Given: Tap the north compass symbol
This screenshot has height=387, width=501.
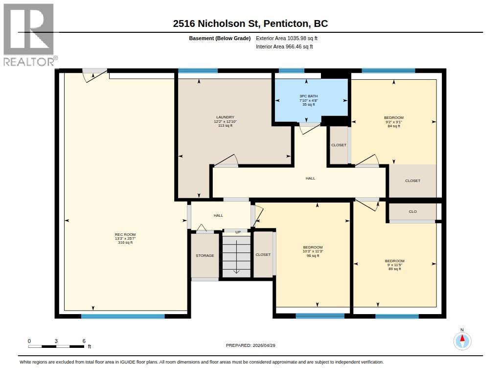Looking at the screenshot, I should (x=462, y=340).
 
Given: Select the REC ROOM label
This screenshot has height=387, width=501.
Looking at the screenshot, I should (x=125, y=238).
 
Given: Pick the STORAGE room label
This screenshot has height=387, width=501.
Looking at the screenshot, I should (x=205, y=255).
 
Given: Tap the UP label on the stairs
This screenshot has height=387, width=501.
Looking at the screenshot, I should (x=238, y=232).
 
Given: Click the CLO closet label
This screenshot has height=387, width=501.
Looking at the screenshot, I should (x=412, y=211).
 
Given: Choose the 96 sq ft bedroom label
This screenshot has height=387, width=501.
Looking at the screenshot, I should (x=313, y=251).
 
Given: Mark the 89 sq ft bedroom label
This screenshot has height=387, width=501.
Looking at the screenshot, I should (x=394, y=265).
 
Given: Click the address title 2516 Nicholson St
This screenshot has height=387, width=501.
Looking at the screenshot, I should (x=250, y=23).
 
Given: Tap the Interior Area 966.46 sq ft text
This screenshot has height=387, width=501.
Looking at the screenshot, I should (x=284, y=46).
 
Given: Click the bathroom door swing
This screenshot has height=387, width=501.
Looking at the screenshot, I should (x=309, y=129).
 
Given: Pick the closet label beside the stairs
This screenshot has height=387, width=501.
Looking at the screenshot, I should (x=263, y=254).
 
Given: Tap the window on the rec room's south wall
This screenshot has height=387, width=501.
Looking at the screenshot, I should (x=123, y=316).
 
